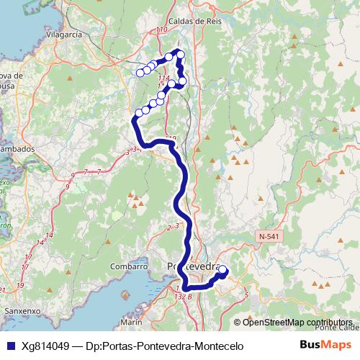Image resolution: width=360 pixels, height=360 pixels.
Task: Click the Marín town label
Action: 131,322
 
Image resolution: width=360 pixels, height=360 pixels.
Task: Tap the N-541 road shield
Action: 269,235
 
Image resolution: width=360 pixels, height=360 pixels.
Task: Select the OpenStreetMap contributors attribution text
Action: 297,322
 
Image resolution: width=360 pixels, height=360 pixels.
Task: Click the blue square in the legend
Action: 9,346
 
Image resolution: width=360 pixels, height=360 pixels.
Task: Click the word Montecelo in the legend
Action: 218,346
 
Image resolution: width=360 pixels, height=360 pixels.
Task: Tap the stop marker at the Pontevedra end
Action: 222,271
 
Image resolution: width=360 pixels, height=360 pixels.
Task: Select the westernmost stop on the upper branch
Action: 140,72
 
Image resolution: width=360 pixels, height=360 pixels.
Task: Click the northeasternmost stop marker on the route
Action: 180,55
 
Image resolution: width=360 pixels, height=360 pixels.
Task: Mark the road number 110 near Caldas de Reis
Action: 161,30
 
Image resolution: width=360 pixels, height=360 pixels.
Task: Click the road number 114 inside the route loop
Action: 165,78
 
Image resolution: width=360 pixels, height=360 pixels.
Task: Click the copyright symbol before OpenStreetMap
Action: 238,322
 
